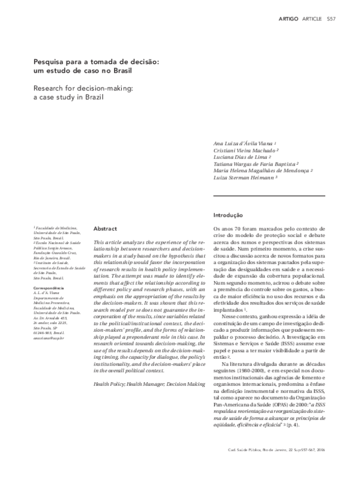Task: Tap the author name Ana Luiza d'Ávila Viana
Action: click(x=243, y=145)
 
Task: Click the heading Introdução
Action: click(x=228, y=215)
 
